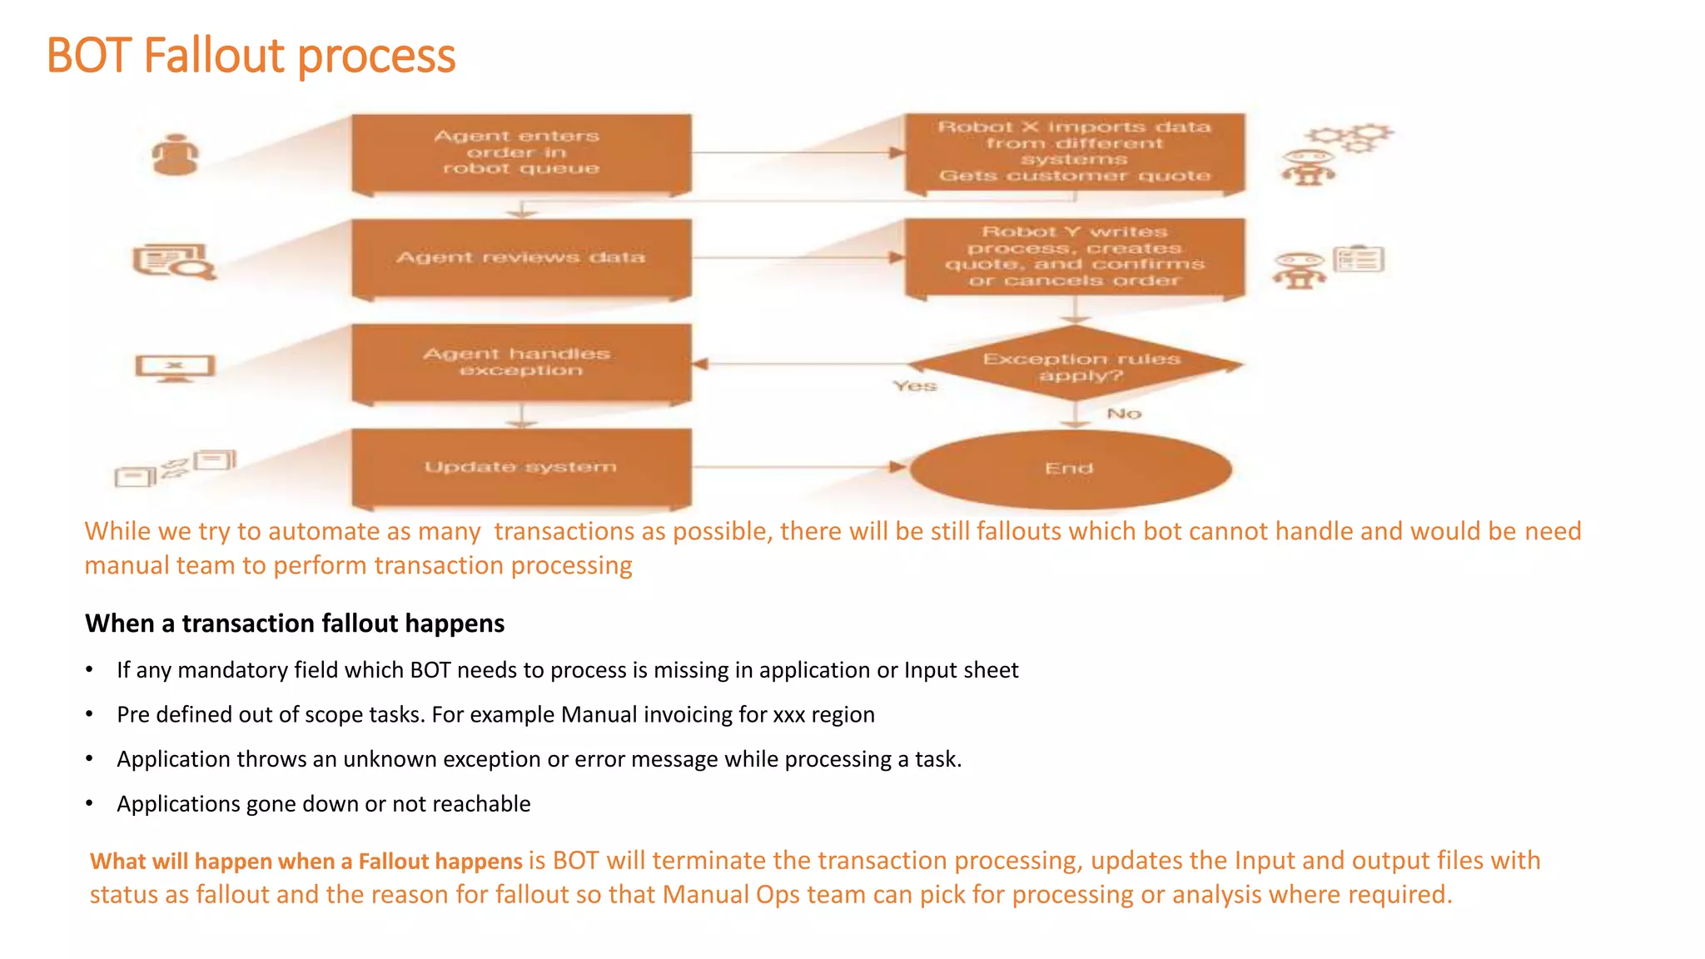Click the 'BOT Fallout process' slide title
click(x=251, y=56)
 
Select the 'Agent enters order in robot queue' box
click(x=521, y=152)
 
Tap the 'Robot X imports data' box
click(x=1074, y=152)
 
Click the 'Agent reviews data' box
click(x=521, y=257)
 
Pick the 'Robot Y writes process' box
click(x=1074, y=256)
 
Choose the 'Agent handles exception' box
click(x=521, y=362)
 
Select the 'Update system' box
click(x=521, y=467)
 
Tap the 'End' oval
click(x=1071, y=469)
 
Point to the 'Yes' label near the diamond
click(x=914, y=386)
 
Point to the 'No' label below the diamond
click(x=1124, y=414)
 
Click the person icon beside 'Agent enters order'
click(x=176, y=155)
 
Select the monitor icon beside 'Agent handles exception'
click(x=175, y=367)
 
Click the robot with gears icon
click(x=1333, y=154)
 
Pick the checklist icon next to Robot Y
click(x=1359, y=260)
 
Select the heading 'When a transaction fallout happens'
click(x=295, y=624)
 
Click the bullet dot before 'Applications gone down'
click(x=89, y=804)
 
